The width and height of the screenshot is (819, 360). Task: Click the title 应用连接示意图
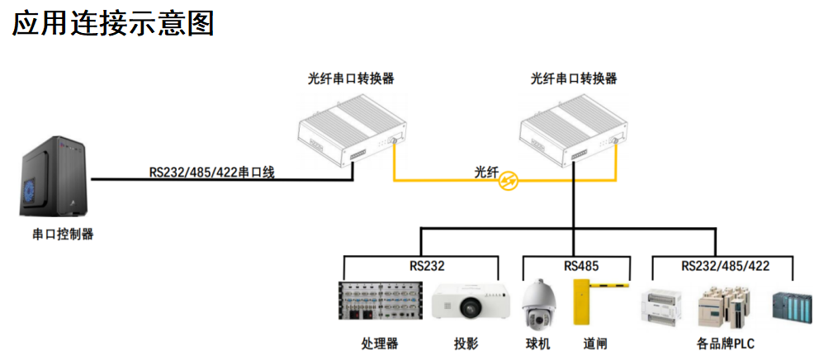click(x=113, y=23)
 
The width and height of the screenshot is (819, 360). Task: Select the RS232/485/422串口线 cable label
click(x=211, y=172)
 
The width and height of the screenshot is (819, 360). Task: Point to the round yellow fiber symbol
click(x=509, y=181)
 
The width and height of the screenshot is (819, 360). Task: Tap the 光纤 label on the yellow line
click(x=486, y=171)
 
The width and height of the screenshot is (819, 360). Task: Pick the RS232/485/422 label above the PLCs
click(x=725, y=267)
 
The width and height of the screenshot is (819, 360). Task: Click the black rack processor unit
click(x=381, y=301)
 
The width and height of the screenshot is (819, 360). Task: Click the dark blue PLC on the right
click(x=791, y=307)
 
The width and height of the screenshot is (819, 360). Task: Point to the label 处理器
click(x=380, y=343)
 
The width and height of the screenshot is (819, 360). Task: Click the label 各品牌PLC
click(x=725, y=343)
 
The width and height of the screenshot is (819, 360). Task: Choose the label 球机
click(x=537, y=343)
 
